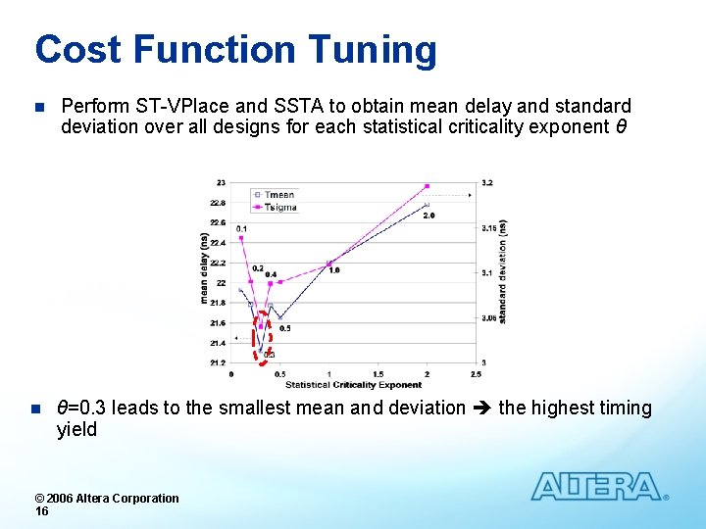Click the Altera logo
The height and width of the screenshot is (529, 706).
pos(598,487)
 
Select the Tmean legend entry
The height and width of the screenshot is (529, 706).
pos(278,195)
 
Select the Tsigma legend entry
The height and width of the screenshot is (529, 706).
pos(278,207)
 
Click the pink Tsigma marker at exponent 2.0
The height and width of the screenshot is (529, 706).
pos(428,186)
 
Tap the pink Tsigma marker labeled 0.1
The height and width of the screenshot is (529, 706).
pos(241,238)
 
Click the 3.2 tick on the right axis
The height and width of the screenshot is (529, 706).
pos(487,183)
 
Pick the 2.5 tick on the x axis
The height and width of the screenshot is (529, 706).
pos(476,373)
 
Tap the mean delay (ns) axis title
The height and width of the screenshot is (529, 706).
pos(205,268)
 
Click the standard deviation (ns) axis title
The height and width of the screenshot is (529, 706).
pos(502,271)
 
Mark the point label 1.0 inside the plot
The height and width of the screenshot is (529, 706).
pos(334,270)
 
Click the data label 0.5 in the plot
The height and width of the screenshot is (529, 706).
pos(284,328)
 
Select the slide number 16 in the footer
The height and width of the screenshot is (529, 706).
pos(41,511)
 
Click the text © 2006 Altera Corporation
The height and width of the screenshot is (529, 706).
pos(107,498)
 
